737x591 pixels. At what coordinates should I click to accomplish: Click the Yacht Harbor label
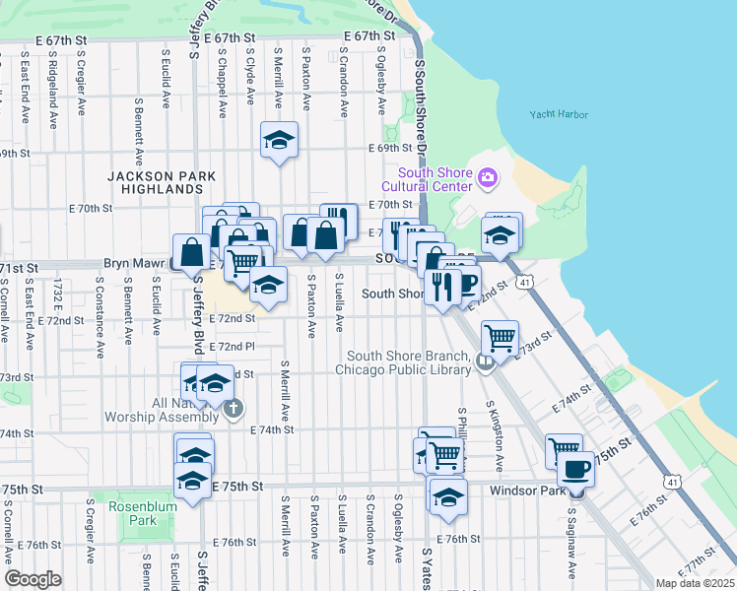558,114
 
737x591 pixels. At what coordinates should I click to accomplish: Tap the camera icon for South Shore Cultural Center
487,177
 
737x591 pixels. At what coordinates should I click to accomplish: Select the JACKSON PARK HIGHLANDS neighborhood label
156,182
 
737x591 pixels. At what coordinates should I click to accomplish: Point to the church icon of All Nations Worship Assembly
233,409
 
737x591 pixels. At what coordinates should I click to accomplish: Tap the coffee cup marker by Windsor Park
575,468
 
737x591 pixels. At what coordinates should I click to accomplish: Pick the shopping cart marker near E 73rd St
501,338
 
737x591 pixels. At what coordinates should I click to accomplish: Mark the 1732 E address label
58,303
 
